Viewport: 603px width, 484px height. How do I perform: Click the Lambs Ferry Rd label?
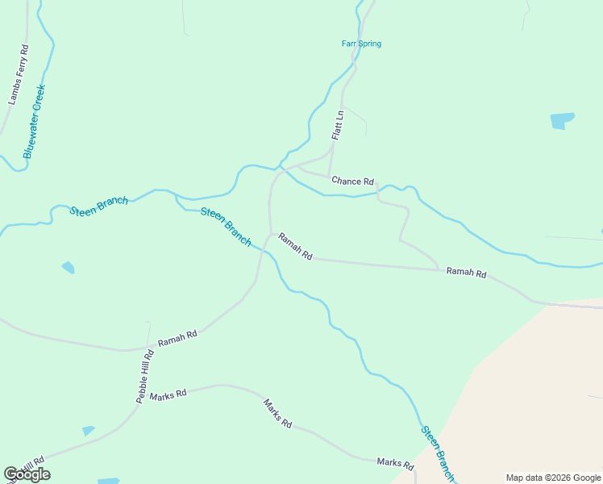(x=19, y=75)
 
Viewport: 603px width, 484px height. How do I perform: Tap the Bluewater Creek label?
(x=35, y=121)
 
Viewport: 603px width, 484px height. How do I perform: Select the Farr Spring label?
(x=361, y=44)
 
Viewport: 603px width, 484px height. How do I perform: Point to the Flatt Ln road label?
(x=338, y=126)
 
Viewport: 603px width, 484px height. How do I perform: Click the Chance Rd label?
(x=353, y=181)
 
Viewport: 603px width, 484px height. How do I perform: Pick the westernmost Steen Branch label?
(x=98, y=206)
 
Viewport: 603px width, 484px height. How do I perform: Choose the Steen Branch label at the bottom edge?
(x=438, y=453)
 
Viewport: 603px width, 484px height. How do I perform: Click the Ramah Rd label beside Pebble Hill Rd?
(x=177, y=339)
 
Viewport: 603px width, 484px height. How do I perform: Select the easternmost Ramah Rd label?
(x=467, y=273)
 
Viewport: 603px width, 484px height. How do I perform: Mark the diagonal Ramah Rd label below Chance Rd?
(x=295, y=246)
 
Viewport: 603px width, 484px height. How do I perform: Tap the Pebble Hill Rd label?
(x=145, y=377)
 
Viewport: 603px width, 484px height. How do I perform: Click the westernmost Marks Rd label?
(x=168, y=394)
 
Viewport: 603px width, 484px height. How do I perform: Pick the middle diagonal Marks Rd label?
(x=277, y=412)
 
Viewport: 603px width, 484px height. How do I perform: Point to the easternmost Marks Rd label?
(x=395, y=464)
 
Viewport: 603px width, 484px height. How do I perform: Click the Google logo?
(x=27, y=474)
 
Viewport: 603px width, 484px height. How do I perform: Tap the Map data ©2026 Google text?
(x=553, y=478)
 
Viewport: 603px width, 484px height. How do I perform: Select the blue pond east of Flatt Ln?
(x=562, y=121)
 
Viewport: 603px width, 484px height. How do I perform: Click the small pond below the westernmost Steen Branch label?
(x=69, y=267)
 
